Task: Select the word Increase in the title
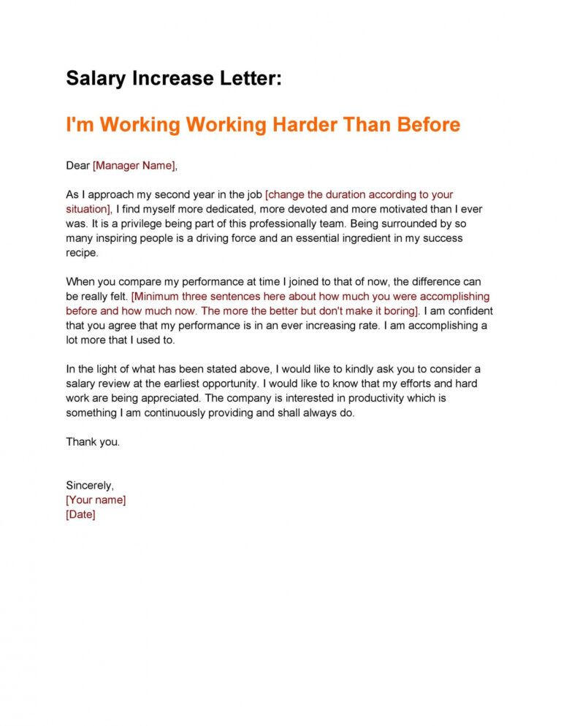(x=169, y=79)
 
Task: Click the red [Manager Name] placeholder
(x=134, y=166)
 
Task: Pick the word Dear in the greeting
(x=78, y=166)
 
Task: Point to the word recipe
(x=80, y=253)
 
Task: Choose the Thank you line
(x=93, y=442)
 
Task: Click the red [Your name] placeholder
(x=96, y=500)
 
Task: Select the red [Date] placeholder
(x=80, y=514)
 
